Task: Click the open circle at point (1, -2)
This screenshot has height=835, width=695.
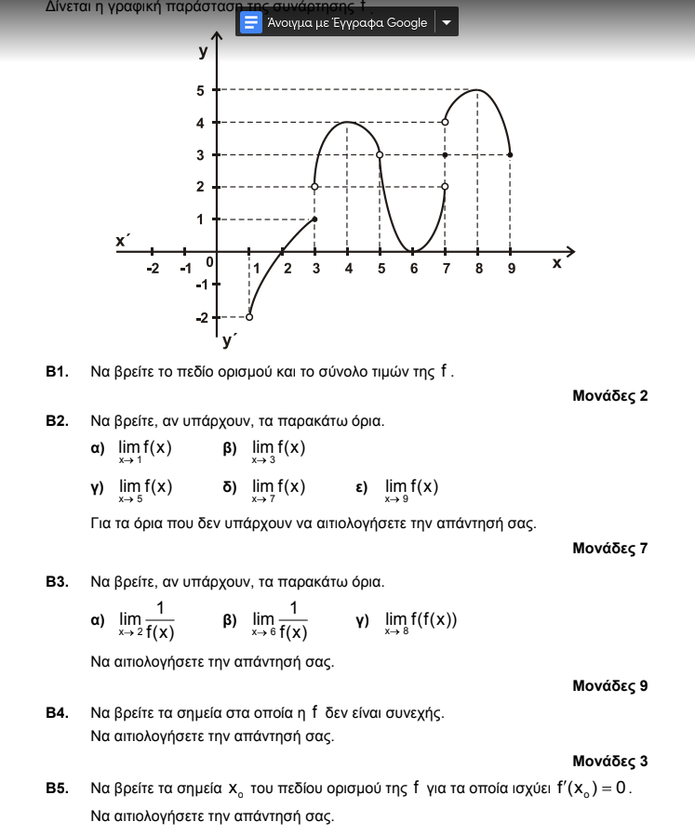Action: tap(249, 316)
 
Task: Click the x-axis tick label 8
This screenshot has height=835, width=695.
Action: tap(478, 269)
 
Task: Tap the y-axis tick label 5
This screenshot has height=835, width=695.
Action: tap(200, 90)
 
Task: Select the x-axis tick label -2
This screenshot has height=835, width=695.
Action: tap(153, 269)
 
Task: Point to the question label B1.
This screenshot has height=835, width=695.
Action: tap(58, 372)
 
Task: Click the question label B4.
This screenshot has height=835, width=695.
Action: tap(58, 713)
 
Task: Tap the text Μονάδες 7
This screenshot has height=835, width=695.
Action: tap(610, 548)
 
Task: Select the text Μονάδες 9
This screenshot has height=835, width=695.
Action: tap(610, 686)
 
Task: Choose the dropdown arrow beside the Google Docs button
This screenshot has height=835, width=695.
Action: tap(447, 22)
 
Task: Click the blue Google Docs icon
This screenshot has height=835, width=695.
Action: tap(250, 22)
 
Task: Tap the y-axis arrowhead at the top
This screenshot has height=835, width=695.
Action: tap(217, 37)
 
